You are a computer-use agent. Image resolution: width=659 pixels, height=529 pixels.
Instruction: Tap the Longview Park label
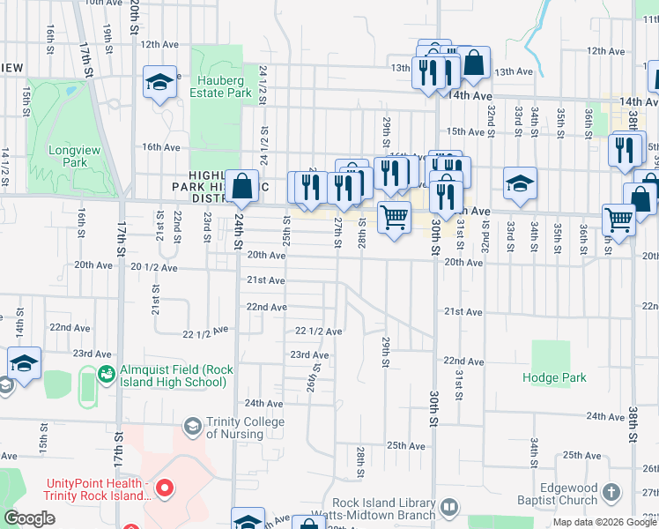(67, 156)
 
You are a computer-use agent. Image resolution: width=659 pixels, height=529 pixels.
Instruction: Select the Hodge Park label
(553, 377)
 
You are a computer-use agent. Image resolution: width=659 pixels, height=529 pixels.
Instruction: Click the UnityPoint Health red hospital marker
(163, 488)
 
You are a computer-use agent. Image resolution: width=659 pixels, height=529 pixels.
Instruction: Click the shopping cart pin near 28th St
(394, 216)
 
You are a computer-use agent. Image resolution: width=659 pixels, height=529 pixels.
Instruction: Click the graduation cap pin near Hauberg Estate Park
(159, 82)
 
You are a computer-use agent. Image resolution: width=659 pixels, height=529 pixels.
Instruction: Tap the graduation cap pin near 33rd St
(520, 183)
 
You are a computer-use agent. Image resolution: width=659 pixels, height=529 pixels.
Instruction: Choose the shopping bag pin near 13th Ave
(474, 63)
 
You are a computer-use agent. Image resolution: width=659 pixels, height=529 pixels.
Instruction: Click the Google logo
(29, 518)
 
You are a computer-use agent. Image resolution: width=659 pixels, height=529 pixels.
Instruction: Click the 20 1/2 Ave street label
(154, 266)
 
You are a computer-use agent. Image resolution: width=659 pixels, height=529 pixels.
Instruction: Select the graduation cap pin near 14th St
(25, 362)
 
